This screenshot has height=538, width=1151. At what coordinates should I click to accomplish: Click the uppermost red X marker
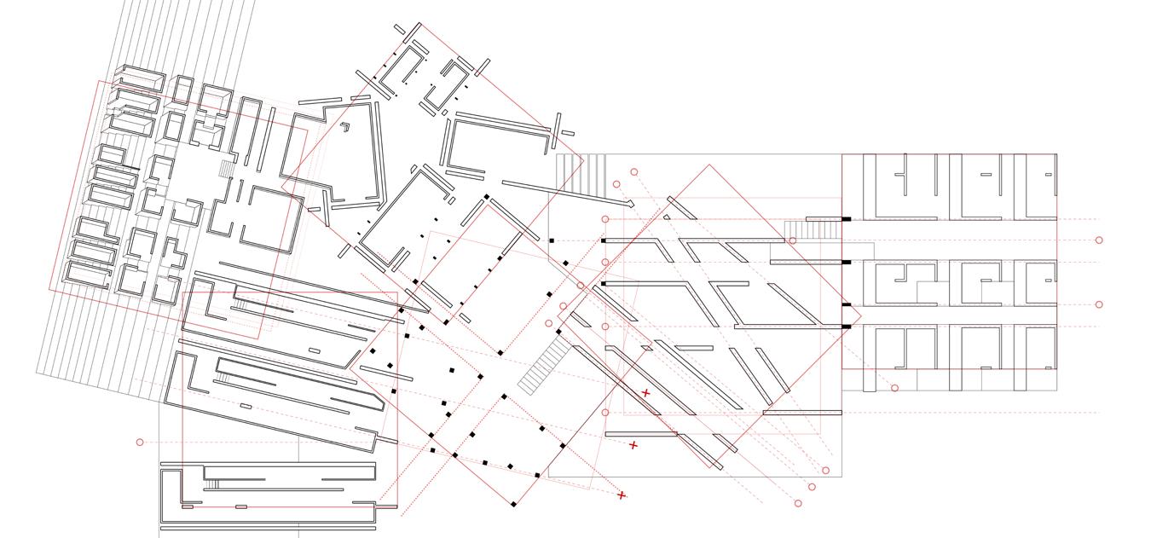[645, 393]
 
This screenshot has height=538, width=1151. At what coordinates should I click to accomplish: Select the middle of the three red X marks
[633, 445]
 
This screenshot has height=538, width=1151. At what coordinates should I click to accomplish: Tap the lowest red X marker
[622, 495]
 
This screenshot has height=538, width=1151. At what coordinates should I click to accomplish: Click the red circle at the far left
[140, 442]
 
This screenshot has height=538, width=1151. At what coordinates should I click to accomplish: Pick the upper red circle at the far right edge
[1099, 240]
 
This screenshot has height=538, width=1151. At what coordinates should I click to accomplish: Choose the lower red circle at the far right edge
[1099, 304]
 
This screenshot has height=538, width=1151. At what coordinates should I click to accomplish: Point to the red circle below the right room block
[894, 388]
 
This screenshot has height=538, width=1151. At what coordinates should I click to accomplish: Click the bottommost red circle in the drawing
[798, 503]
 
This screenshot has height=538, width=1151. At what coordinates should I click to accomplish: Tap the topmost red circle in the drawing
[634, 172]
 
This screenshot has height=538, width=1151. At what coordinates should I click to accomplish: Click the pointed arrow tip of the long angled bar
[632, 205]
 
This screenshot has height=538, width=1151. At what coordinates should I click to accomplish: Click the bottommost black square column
[513, 504]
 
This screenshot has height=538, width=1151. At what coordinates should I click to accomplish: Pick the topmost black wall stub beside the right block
[847, 219]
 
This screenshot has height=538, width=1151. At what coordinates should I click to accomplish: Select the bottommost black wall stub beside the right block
[847, 327]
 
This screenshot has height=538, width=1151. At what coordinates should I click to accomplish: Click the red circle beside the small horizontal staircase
[793, 240]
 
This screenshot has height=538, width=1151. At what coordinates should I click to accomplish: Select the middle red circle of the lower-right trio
[812, 487]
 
